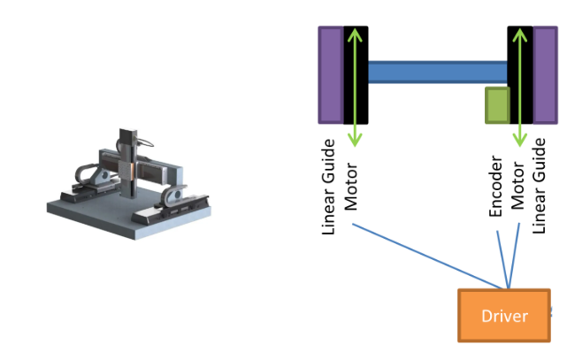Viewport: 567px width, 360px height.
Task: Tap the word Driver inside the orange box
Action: coord(504,316)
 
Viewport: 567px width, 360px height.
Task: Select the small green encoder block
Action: coord(497,104)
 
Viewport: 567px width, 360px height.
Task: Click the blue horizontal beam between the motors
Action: coord(437,72)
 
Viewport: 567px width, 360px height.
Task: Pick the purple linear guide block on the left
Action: coord(330,74)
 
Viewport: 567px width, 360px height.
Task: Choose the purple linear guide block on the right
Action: coord(545,74)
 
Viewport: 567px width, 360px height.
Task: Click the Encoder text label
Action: coord(496,188)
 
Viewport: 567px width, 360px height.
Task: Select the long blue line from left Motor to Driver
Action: coord(425,254)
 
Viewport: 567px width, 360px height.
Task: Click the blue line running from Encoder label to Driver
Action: coord(502,257)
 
